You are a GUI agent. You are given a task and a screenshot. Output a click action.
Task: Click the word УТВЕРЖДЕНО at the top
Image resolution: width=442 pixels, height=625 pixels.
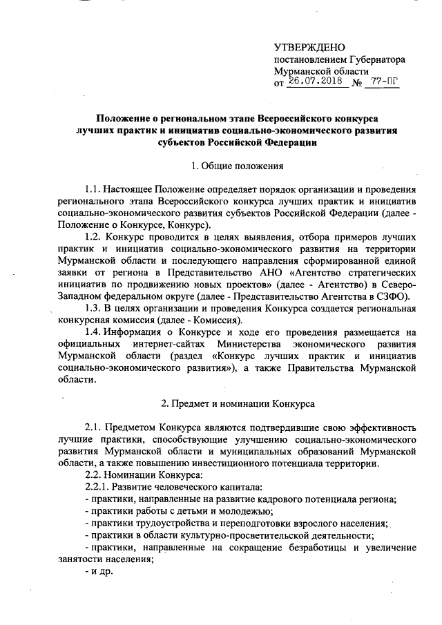tap(309, 48)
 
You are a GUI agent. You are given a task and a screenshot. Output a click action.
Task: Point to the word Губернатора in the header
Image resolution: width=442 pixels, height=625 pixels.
tap(368, 60)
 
